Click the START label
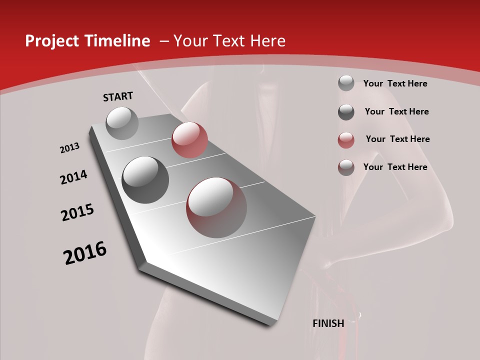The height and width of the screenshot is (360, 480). (x=118, y=96)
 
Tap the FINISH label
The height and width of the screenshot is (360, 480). (x=328, y=323)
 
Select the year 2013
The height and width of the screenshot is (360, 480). (x=69, y=148)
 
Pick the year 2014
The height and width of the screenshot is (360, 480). (x=73, y=177)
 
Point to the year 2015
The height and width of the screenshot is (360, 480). (x=77, y=212)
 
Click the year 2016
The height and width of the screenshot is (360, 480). (x=85, y=253)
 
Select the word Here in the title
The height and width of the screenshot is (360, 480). (x=267, y=41)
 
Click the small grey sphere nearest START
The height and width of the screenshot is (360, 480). (x=122, y=123)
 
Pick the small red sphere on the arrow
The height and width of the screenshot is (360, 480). (x=189, y=139)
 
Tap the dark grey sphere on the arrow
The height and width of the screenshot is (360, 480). (x=145, y=179)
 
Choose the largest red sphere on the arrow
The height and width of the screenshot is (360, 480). (x=216, y=207)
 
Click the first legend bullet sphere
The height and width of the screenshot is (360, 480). (x=346, y=83)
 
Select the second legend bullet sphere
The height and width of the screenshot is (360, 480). (x=346, y=112)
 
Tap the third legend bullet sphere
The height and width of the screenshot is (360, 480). (x=346, y=140)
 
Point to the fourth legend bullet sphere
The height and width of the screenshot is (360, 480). (x=346, y=167)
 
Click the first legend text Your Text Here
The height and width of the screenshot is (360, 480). (x=395, y=83)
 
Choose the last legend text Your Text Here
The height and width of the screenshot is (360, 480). (x=395, y=167)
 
